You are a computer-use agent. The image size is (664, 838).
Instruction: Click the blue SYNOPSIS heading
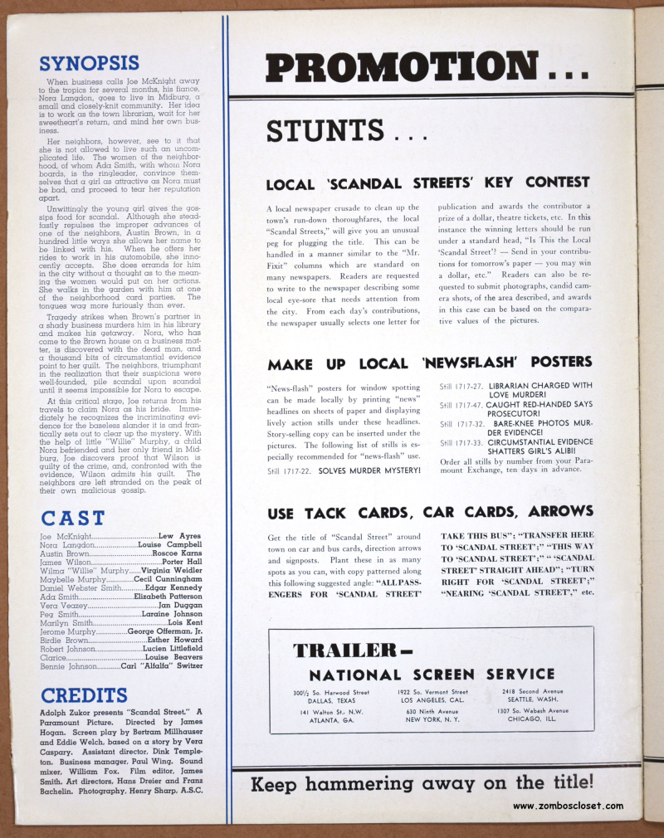89,63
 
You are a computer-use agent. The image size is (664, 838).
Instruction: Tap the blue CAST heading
73,519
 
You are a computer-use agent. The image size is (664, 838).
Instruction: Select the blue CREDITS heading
84,695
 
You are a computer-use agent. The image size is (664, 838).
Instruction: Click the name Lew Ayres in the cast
179,537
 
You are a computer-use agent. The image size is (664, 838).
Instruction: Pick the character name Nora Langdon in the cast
65,546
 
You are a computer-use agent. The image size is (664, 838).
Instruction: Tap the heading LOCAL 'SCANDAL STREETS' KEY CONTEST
428,182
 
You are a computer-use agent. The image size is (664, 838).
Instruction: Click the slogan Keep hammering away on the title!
422,782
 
